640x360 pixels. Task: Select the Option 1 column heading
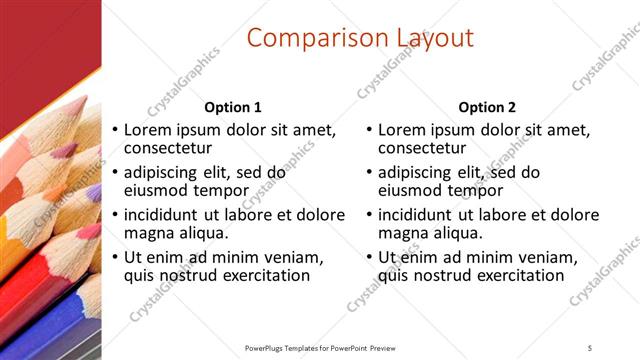(x=233, y=107)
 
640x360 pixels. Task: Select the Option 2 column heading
(x=488, y=107)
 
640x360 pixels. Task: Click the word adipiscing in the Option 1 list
(x=166, y=172)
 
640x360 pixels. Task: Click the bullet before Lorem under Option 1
(x=115, y=130)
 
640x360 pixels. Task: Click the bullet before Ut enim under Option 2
(x=370, y=257)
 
